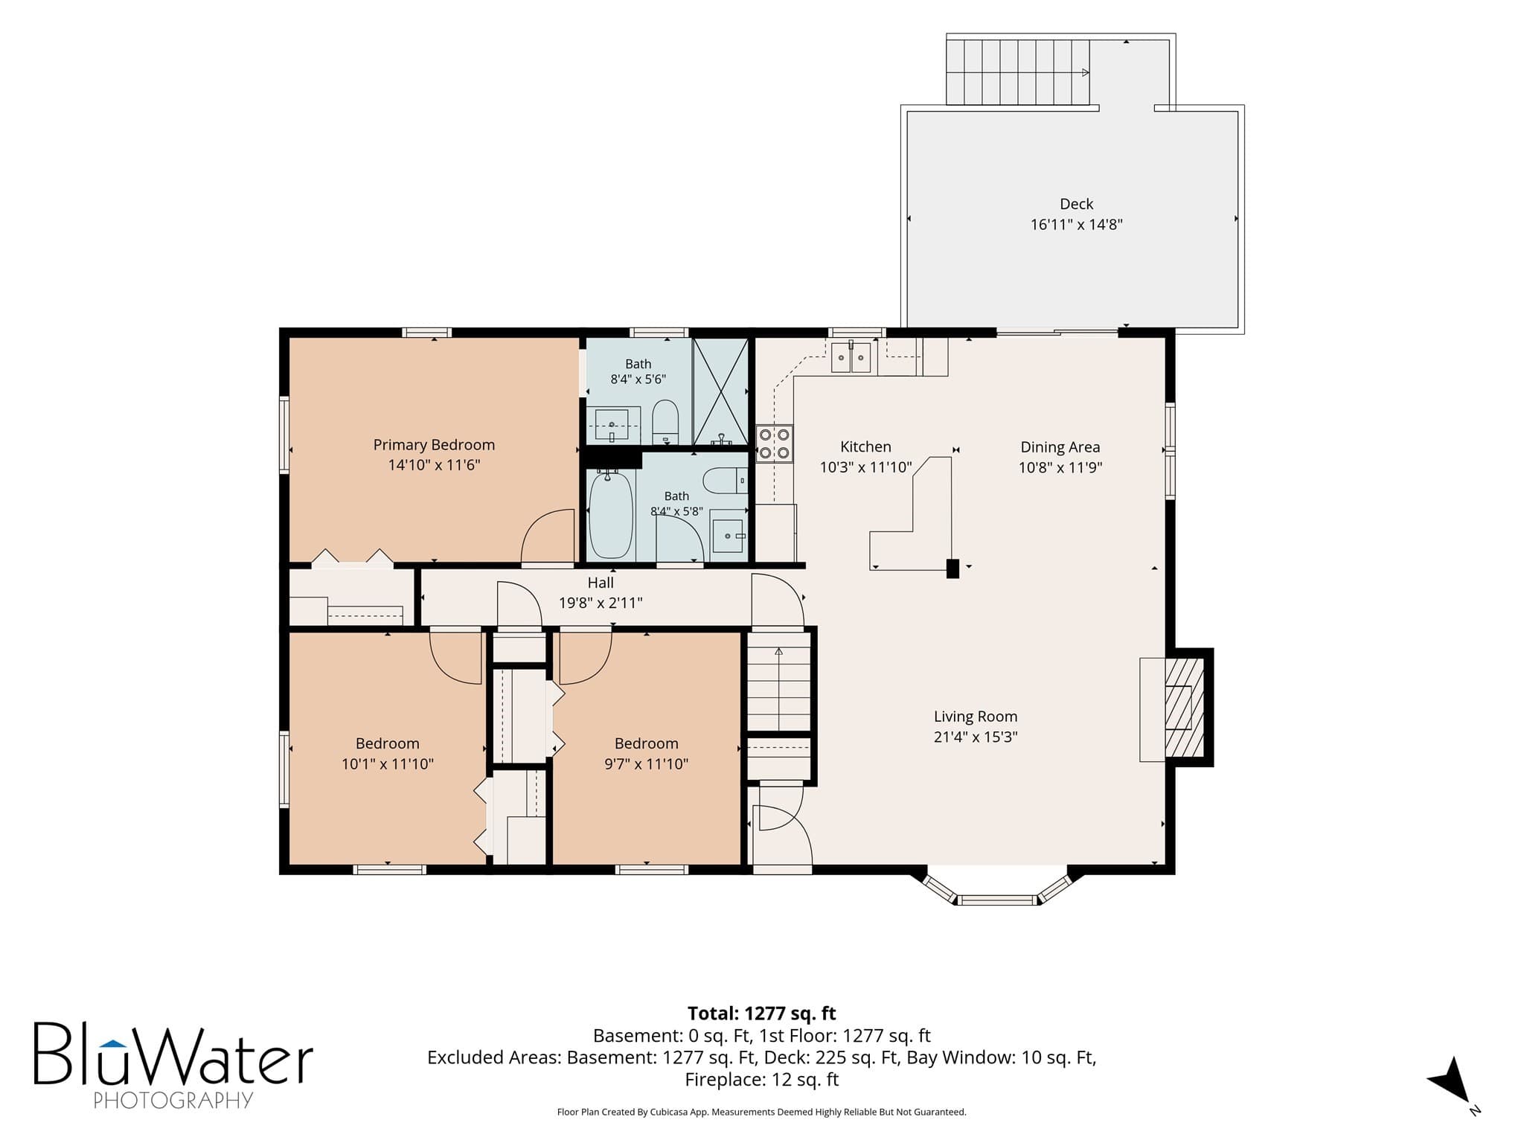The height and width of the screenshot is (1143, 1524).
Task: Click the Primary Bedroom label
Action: [434, 445]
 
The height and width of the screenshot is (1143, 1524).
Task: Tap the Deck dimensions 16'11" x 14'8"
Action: [1076, 224]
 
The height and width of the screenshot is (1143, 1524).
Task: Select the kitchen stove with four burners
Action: [774, 444]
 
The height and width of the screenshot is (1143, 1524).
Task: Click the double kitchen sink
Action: [851, 358]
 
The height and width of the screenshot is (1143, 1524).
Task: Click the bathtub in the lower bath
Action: [611, 514]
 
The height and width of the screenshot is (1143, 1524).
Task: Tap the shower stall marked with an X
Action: [720, 391]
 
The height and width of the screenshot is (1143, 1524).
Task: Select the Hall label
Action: [601, 583]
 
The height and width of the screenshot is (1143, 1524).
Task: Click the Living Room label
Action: [976, 717]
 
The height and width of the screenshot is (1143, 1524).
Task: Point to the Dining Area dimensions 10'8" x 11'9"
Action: [1060, 467]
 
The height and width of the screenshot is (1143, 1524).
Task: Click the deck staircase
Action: [1018, 72]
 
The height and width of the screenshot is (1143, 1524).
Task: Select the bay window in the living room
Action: [997, 887]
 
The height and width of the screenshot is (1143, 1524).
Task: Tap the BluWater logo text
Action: [173, 1054]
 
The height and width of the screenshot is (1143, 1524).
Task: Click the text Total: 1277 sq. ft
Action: [761, 1014]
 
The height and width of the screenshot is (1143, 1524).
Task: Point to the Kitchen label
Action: [865, 446]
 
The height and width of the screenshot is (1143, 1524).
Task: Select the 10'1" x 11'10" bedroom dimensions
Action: [388, 763]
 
